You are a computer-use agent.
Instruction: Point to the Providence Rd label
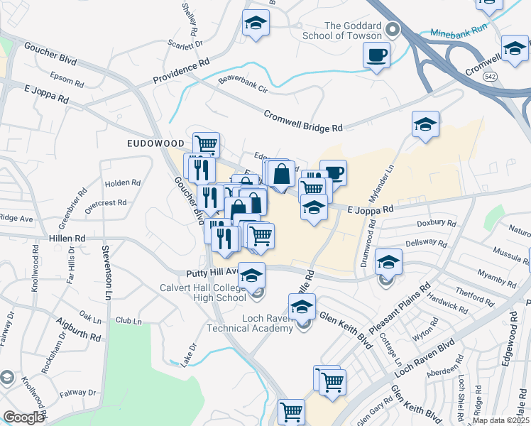click(x=182, y=72)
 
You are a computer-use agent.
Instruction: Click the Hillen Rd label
click(x=67, y=239)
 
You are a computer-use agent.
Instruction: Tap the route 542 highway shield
click(x=489, y=75)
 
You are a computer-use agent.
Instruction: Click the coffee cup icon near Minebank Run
click(x=376, y=54)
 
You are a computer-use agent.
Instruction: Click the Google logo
click(x=23, y=417)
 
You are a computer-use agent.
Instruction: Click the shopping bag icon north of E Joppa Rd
click(x=281, y=173)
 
